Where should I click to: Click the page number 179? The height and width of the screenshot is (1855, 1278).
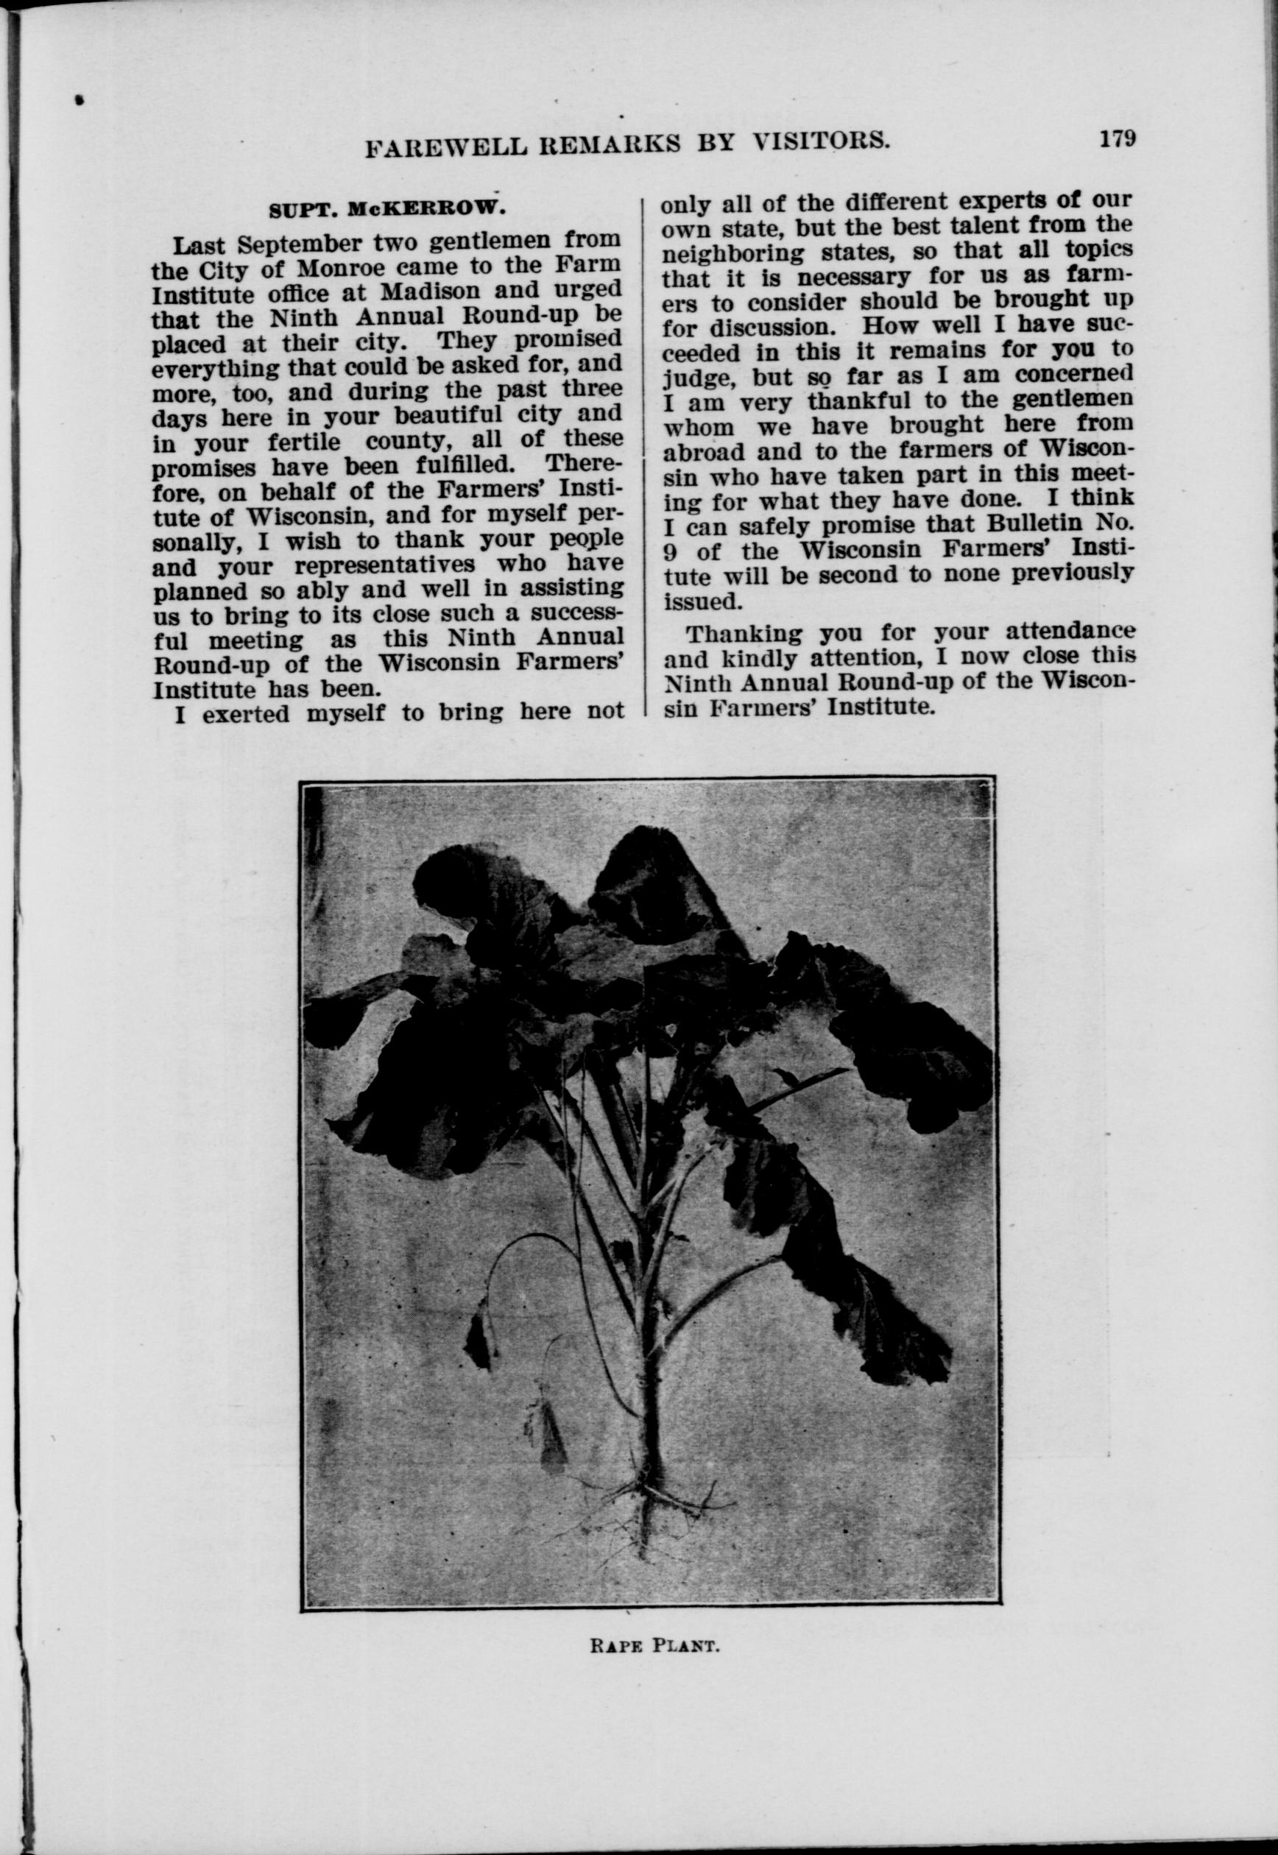coord(1117,138)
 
